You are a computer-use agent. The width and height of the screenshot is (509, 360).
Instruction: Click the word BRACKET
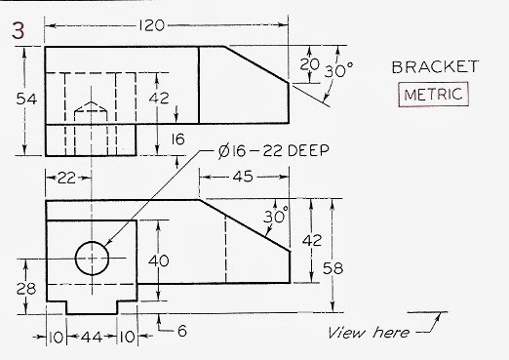coord(434,67)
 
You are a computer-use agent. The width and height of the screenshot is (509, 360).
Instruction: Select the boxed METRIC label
coord(434,95)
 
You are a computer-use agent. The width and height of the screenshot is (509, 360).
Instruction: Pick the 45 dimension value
coord(244,177)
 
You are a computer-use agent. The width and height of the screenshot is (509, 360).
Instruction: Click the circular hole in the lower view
coord(94,259)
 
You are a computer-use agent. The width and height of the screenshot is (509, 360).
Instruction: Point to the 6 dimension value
coord(181,331)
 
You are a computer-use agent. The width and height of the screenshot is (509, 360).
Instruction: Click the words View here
coord(369,333)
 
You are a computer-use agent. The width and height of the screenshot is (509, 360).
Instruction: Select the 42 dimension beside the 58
coord(310,239)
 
